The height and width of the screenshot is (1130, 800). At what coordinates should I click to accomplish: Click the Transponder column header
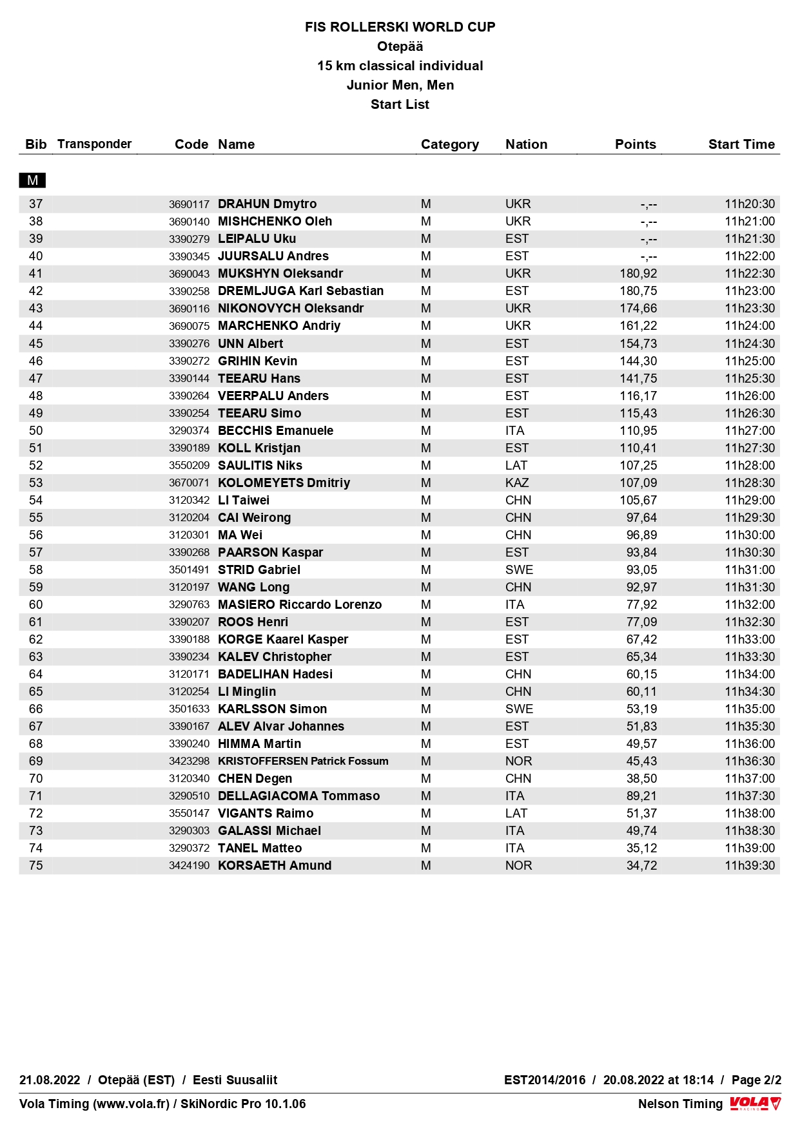94,144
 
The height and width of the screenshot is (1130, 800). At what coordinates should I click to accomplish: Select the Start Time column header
741,144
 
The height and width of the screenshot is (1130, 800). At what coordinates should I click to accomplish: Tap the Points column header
635,144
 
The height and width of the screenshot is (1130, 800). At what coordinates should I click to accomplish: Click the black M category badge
32,180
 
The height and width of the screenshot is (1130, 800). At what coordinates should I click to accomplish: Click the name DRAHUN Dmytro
267,204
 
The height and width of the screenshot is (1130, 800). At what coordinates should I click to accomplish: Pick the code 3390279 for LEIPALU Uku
189,239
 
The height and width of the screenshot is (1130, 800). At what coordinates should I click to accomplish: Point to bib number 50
36,431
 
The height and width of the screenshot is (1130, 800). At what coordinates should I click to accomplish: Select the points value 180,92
638,274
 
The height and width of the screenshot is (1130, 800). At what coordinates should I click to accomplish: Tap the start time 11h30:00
750,535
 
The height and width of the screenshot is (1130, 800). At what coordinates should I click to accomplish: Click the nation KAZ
517,483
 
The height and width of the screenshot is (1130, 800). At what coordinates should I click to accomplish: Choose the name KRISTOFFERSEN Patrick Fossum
303,761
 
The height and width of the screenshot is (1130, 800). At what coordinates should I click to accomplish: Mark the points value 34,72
641,866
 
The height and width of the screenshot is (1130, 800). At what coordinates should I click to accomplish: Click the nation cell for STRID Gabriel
519,570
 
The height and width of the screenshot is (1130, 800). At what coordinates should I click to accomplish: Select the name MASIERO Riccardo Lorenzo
300,605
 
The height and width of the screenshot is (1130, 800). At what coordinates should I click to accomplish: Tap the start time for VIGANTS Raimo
750,814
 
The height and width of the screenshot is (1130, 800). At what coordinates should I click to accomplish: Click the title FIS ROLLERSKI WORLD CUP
400,27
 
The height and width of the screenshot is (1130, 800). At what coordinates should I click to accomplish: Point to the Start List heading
400,104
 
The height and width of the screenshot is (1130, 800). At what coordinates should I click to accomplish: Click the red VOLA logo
755,1104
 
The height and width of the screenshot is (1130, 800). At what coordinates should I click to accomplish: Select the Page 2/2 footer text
756,1080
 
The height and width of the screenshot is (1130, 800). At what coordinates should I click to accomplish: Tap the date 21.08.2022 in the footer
50,1080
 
